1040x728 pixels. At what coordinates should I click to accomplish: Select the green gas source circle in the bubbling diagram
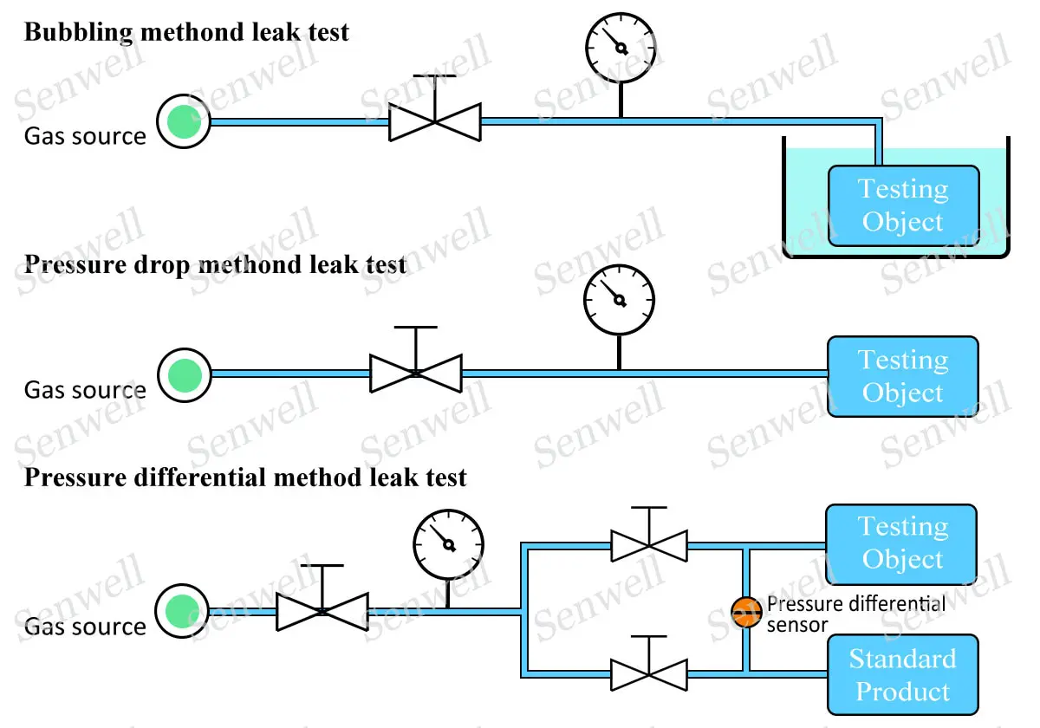pos(184,122)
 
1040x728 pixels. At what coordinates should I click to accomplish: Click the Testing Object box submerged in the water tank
pos(903,205)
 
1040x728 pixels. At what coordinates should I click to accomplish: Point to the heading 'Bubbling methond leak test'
pos(186,33)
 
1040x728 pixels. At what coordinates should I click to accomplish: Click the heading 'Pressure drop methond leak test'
pos(215,264)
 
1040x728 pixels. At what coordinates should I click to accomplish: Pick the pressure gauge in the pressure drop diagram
pos(619,300)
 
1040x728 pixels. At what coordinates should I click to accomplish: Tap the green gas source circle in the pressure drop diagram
pos(184,375)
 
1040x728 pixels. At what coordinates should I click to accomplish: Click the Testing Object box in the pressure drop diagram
pos(903,376)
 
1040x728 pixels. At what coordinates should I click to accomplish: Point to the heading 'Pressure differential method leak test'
pos(245,478)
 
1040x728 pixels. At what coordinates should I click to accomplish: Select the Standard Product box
pos(903,675)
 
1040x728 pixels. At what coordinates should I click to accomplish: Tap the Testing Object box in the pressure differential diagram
pos(901,543)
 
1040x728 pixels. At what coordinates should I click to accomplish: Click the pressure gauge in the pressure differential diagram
pos(448,544)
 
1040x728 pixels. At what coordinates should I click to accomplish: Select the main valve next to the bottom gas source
pos(322,611)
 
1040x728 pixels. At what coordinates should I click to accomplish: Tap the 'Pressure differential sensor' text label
pos(856,614)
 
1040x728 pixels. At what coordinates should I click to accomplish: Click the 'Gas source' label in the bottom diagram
pos(85,627)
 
